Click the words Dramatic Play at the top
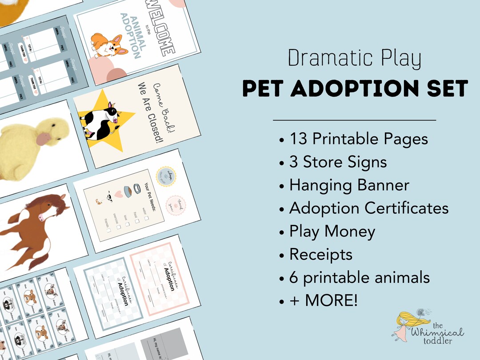354,59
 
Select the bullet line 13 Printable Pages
358,139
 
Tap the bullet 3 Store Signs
338,162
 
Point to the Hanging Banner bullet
349,185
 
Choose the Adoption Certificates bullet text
368,208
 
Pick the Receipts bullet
320,254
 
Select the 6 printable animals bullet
359,278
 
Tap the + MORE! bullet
323,301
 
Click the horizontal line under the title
354,120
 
